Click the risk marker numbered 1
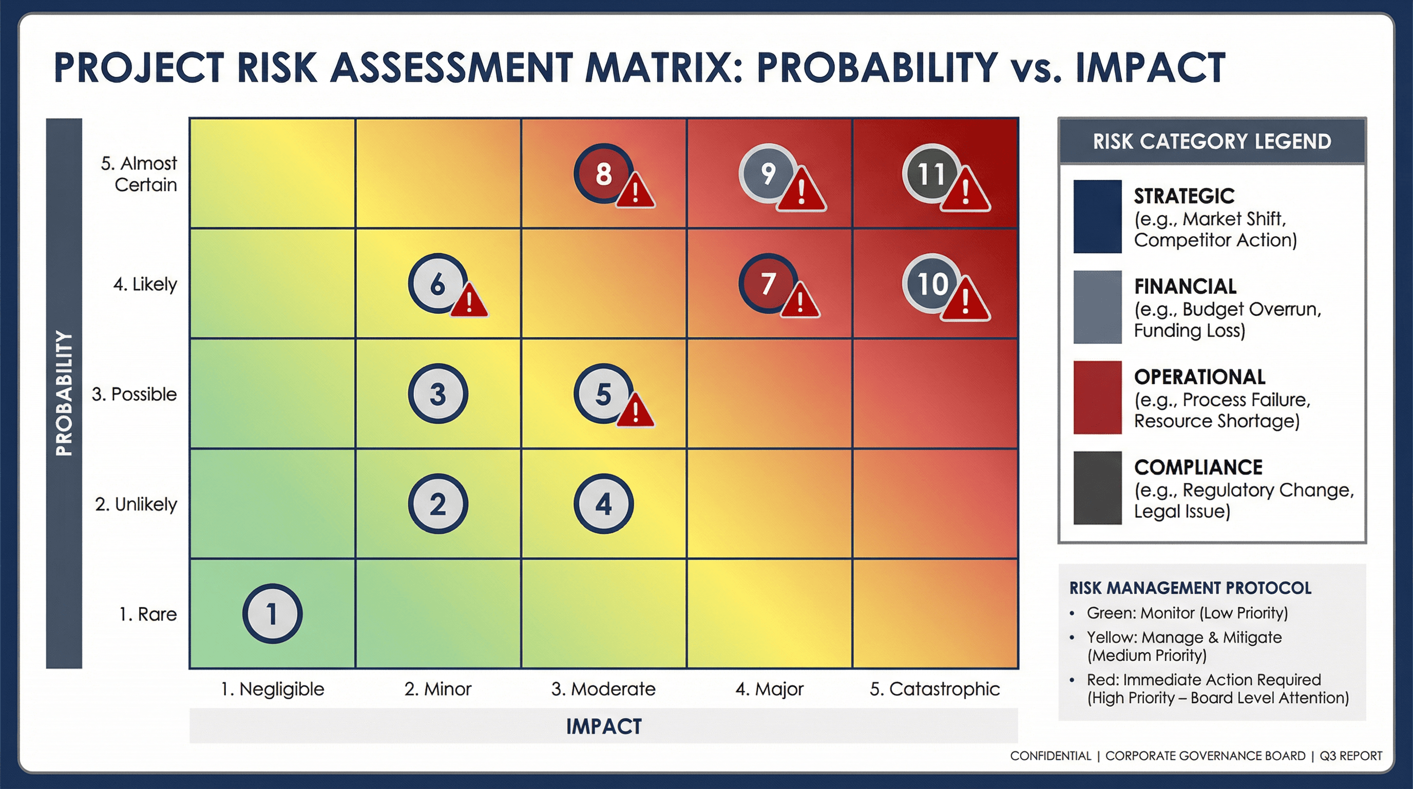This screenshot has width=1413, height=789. [x=272, y=613]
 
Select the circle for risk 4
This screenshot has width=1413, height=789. [x=603, y=504]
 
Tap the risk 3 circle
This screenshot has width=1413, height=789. [x=438, y=393]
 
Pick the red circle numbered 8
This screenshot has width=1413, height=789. [x=602, y=174]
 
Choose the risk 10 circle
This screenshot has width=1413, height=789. [x=931, y=283]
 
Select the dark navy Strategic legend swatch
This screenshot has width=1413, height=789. [x=1097, y=216]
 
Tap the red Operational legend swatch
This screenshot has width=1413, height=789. [x=1097, y=397]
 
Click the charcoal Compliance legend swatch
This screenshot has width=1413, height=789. [x=1097, y=488]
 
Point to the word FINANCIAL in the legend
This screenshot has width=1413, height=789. [x=1185, y=287]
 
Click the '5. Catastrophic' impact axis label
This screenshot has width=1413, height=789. [x=934, y=689]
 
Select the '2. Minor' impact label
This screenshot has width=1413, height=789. [x=438, y=689]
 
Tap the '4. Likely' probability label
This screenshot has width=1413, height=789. [x=145, y=284]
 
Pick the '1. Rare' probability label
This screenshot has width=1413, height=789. [x=148, y=614]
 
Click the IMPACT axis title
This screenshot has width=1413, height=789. [x=603, y=726]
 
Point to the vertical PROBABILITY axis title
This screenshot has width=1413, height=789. [x=64, y=393]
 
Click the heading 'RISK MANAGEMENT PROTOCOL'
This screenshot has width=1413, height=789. [x=1190, y=588]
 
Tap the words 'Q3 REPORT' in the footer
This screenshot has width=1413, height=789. [x=1350, y=756]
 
